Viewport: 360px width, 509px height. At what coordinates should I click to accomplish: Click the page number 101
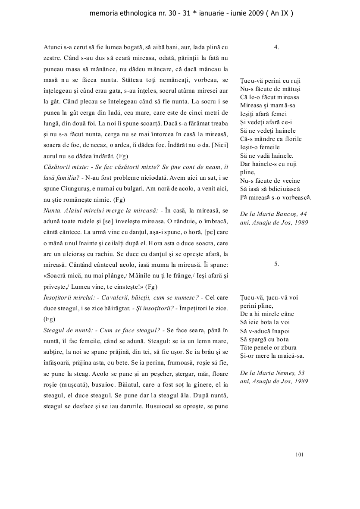tap(300, 454)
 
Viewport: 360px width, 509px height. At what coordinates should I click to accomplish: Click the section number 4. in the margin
tap(276, 47)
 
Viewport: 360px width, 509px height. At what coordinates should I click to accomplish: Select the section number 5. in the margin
tap(276, 264)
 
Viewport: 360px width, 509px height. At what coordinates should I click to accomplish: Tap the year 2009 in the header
tap(254, 13)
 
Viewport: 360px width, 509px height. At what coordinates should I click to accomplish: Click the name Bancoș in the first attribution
tap(288, 213)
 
